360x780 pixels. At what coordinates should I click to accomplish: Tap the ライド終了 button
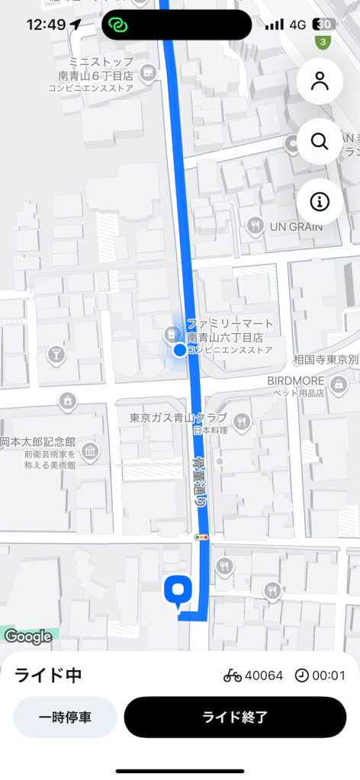coord(235,717)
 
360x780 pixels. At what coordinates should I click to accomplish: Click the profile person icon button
coord(320,82)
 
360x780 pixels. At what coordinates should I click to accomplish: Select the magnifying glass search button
coord(320,141)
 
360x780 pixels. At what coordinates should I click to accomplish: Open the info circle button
coord(320,201)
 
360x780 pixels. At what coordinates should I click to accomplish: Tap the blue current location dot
coord(179,350)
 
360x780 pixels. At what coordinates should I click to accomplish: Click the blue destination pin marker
coord(178,591)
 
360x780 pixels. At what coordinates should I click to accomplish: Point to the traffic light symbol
coord(202,538)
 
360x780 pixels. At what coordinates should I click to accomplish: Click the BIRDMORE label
coord(295,381)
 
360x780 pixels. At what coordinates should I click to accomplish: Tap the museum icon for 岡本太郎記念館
coord(90,452)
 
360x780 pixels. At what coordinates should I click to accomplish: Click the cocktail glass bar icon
coord(56,354)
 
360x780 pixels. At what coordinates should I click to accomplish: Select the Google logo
coord(28,635)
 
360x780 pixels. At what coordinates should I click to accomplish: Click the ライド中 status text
coord(48,675)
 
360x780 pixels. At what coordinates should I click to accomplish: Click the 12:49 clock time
coord(46,24)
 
